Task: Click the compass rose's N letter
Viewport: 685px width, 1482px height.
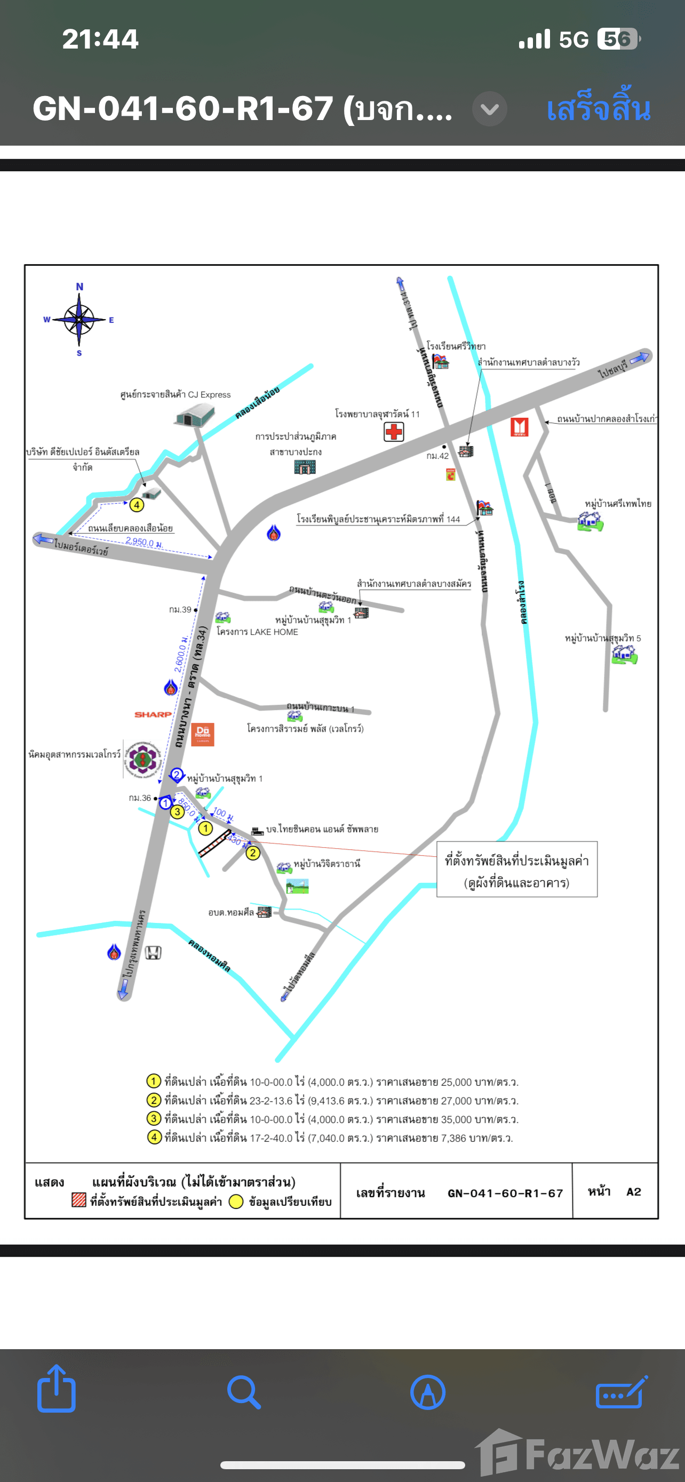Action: pyautogui.click(x=79, y=286)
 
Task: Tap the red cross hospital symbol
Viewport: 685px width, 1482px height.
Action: pyautogui.click(x=394, y=432)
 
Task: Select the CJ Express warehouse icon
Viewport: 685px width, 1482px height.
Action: pyautogui.click(x=194, y=414)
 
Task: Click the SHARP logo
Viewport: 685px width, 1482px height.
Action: pyautogui.click(x=153, y=714)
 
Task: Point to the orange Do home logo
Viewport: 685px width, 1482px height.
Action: pyautogui.click(x=202, y=734)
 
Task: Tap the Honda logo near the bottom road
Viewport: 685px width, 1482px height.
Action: pyautogui.click(x=153, y=953)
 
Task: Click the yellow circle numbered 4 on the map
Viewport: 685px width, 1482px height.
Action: pyautogui.click(x=137, y=505)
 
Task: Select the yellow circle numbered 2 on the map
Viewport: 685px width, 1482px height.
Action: pyautogui.click(x=252, y=852)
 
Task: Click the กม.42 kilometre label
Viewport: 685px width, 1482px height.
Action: pyautogui.click(x=437, y=456)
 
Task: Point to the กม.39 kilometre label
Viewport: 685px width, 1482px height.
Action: pyautogui.click(x=180, y=609)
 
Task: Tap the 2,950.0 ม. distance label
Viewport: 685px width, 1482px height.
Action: pyautogui.click(x=144, y=542)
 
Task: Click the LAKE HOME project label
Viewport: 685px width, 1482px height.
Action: pyautogui.click(x=257, y=632)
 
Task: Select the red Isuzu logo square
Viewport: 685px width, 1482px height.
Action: pyautogui.click(x=520, y=427)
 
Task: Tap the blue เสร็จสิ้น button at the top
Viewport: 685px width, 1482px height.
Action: pyautogui.click(x=598, y=109)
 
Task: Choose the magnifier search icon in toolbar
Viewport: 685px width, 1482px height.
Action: pyautogui.click(x=244, y=1392)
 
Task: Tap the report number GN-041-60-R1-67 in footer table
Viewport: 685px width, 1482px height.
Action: pyautogui.click(x=505, y=1193)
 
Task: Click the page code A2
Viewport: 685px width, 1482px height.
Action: pyautogui.click(x=633, y=1191)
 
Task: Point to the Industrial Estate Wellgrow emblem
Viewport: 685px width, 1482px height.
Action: pyautogui.click(x=142, y=759)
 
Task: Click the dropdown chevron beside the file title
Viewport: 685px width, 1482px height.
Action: pyautogui.click(x=489, y=109)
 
